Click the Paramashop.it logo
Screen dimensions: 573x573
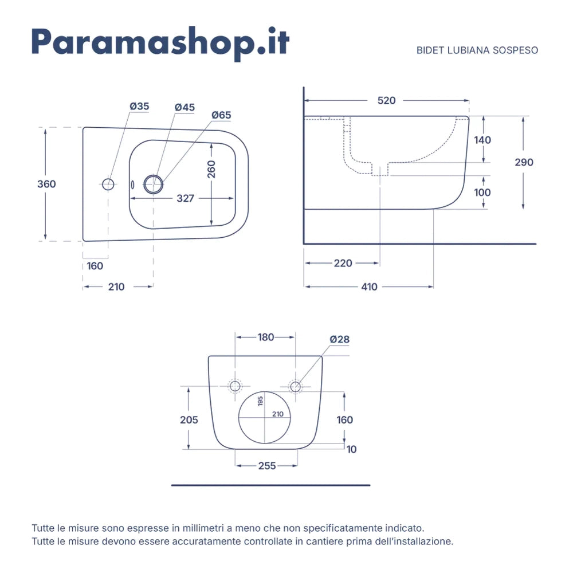160,44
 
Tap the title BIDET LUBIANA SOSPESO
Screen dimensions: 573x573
477,50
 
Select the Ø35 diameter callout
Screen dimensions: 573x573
139,107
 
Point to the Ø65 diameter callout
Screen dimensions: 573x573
221,115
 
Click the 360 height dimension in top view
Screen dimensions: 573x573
46,184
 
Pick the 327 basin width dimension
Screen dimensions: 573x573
185,198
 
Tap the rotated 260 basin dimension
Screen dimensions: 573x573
211,169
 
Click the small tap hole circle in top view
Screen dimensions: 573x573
108,184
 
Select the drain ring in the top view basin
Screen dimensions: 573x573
154,184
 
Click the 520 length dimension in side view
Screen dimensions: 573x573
386,100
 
